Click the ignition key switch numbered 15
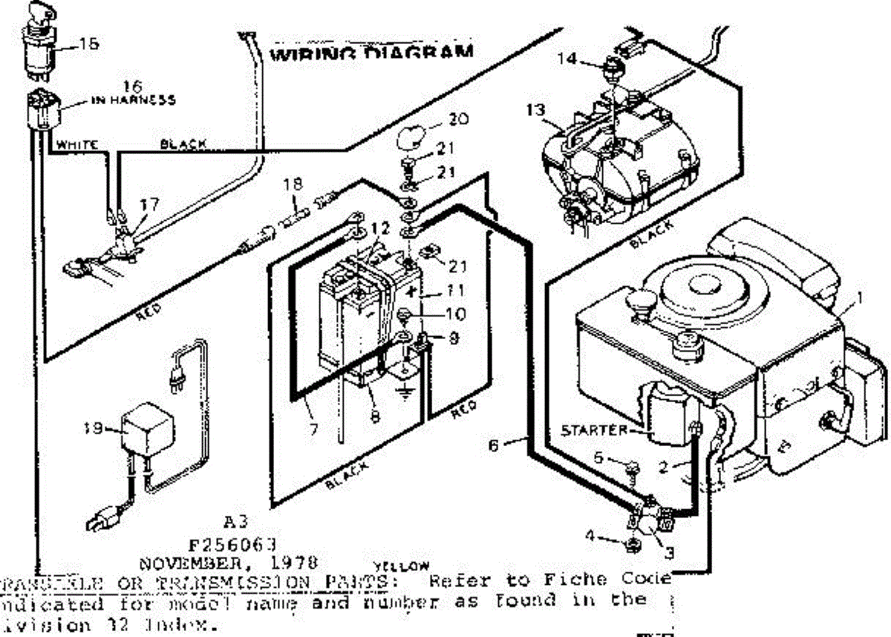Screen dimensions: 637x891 coord(36,45)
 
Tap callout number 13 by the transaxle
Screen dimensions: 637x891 coord(537,111)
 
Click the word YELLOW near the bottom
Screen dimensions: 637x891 coord(405,565)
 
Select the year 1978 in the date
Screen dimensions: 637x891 coord(296,560)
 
